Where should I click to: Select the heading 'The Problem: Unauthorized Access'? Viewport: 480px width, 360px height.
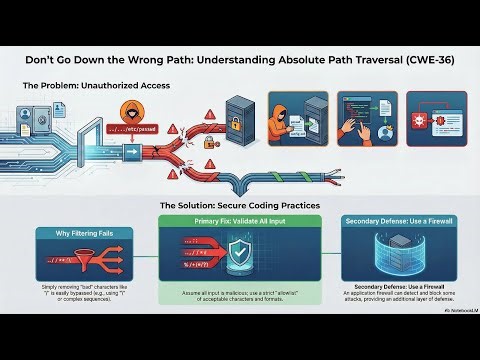(x=96, y=87)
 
